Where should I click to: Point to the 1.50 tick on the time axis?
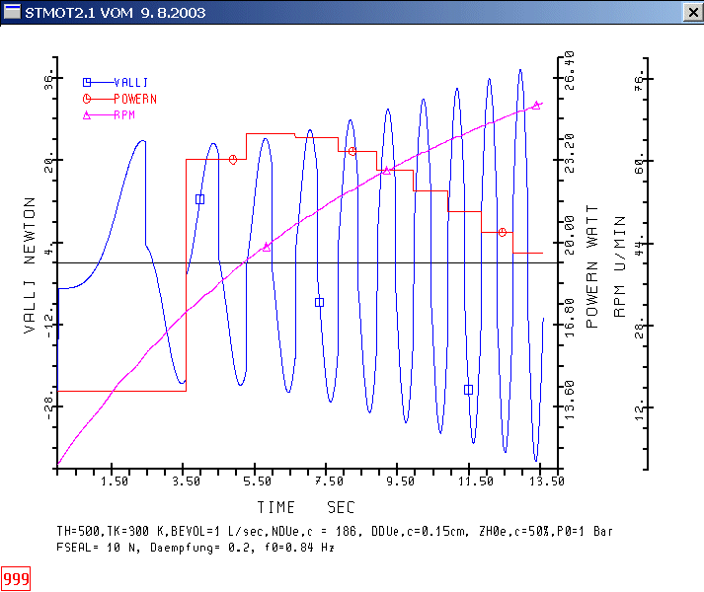[x=115, y=481]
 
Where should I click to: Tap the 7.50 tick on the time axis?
[x=330, y=481]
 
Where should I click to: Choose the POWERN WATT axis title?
[x=592, y=266]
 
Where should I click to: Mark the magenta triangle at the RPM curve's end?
[x=536, y=105]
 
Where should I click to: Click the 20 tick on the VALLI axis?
[x=45, y=159]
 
